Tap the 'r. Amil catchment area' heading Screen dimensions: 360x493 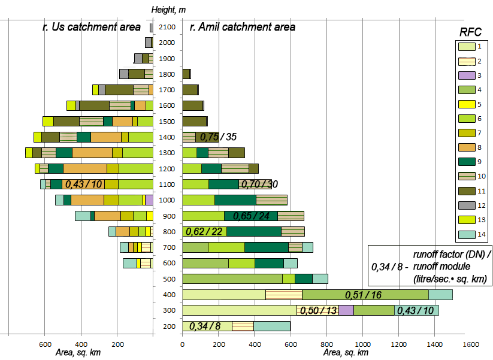click(x=242, y=27)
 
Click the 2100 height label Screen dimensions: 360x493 click(x=167, y=28)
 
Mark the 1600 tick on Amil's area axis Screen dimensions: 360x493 click(x=471, y=344)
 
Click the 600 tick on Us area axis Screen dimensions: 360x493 click(x=45, y=344)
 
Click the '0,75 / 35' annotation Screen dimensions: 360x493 click(x=218, y=137)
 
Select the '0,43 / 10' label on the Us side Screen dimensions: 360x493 click(x=82, y=184)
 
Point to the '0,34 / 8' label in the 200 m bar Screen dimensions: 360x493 click(x=205, y=326)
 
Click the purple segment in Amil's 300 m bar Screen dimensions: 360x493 click(x=346, y=310)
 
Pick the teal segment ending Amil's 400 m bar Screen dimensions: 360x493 click(x=440, y=294)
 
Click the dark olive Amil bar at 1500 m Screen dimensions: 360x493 click(x=194, y=122)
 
